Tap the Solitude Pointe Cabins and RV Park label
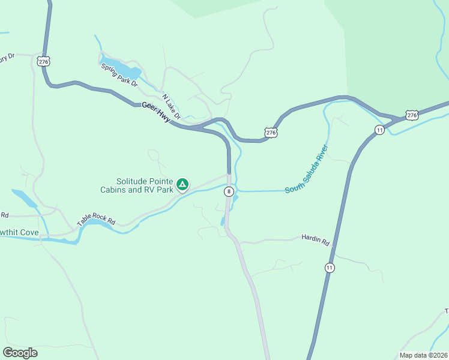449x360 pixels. click(145, 185)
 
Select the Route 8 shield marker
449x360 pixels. click(229, 191)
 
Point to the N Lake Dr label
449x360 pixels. click(171, 102)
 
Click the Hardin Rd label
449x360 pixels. click(316, 241)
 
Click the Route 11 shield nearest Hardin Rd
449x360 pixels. click(330, 267)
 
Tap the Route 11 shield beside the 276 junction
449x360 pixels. click(379, 130)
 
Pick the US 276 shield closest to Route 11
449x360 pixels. click(411, 115)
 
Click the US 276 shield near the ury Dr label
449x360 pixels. click(43, 61)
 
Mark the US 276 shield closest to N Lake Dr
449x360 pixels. click(271, 132)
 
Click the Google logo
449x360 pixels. click(20, 353)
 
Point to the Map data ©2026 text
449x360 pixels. click(423, 355)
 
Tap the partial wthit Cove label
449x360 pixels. click(19, 232)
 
